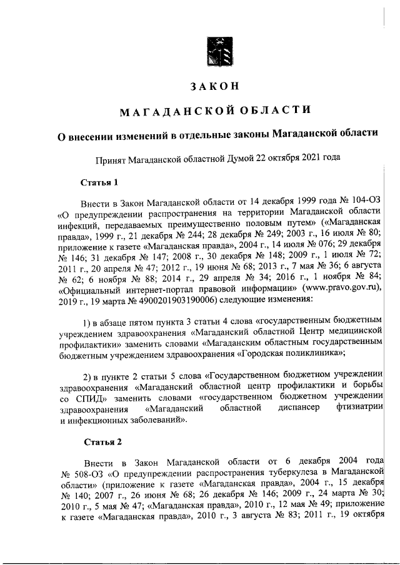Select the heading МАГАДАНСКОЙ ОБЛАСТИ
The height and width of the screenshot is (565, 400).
tap(214, 111)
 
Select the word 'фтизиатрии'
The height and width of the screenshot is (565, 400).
tap(359, 409)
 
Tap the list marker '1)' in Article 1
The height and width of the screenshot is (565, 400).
tap(89, 321)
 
